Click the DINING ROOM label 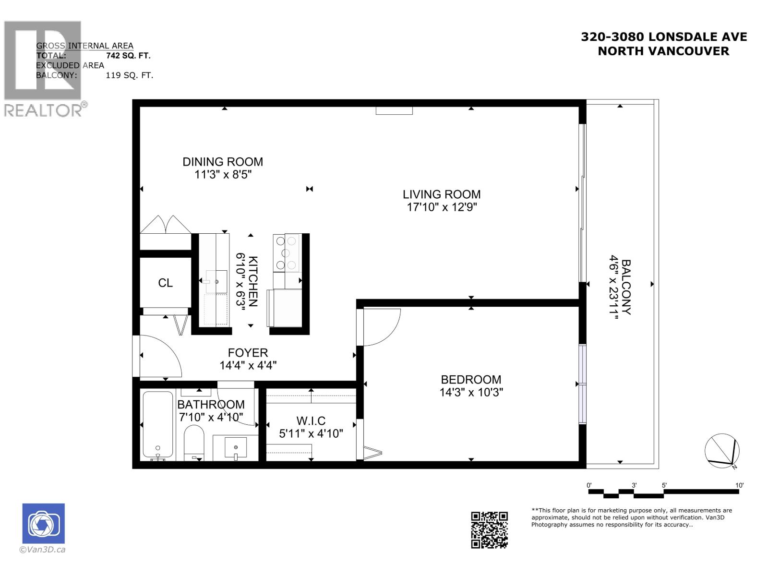point(223,162)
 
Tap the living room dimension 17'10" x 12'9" point(442,207)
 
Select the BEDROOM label point(471,380)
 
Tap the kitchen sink point(216,282)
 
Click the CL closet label point(166,283)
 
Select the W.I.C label point(311,421)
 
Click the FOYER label point(248,353)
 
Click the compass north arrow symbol point(722,451)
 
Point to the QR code point(489,530)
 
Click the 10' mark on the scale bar point(739,486)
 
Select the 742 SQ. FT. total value point(128,56)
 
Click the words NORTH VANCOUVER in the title point(663,51)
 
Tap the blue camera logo point(43,523)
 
